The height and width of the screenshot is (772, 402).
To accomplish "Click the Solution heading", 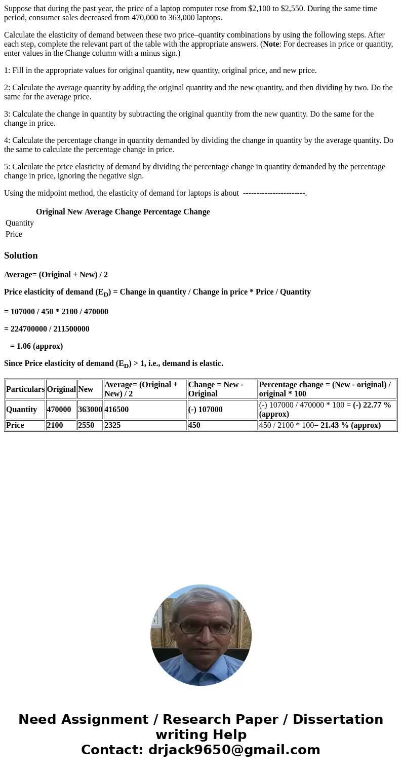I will pos(21,255).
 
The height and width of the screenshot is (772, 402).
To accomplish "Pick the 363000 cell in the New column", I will pos(90,410).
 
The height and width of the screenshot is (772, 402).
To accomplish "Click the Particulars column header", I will pos(25,389).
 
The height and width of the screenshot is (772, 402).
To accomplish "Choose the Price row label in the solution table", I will pos(15,425).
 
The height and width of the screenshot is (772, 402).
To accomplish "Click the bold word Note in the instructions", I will pos(271,44).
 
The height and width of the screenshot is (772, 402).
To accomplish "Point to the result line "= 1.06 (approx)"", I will pos(36,346).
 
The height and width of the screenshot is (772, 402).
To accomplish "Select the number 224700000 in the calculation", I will pos(28,329).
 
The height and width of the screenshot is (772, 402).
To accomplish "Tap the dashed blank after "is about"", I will pos(274,193).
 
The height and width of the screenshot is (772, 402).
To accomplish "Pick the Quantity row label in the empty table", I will pos(20,223).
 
